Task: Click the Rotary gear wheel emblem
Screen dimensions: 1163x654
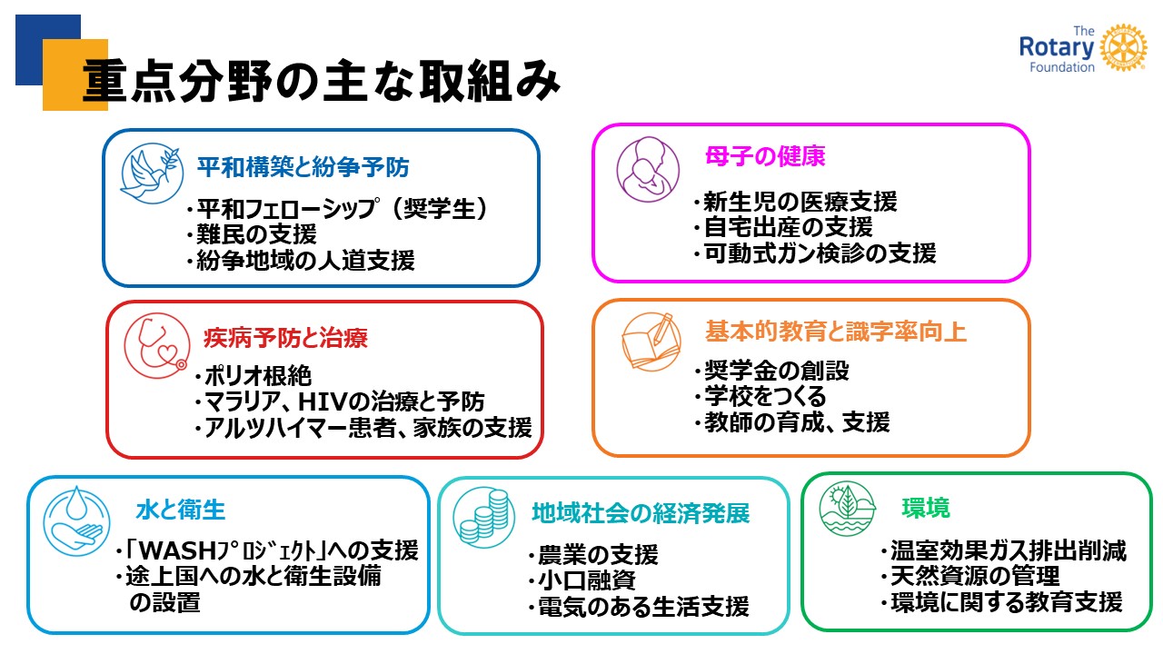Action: tap(1123, 47)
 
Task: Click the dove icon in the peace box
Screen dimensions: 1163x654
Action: tap(152, 173)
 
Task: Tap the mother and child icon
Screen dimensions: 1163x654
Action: tap(648, 169)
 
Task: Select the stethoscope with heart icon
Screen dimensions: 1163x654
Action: tap(157, 346)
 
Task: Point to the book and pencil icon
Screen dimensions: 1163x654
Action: tap(651, 342)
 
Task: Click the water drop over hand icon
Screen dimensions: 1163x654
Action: tap(77, 521)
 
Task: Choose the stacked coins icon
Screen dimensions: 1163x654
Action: tap(484, 518)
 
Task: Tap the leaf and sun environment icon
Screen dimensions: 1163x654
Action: tap(848, 509)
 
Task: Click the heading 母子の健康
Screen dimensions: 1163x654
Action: tap(765, 155)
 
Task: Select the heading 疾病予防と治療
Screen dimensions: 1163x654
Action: tap(285, 338)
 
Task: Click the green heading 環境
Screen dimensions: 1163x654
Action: tap(926, 508)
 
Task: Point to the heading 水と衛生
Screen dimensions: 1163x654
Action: tap(181, 510)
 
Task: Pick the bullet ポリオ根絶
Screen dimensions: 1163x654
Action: tap(253, 376)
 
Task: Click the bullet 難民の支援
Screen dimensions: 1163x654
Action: tap(252, 234)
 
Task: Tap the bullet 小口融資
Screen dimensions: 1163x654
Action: tap(582, 580)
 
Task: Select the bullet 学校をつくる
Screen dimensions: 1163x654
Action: tap(760, 397)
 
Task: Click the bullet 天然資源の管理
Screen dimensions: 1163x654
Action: tap(970, 576)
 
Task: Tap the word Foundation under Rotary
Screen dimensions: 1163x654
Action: tap(1062, 67)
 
